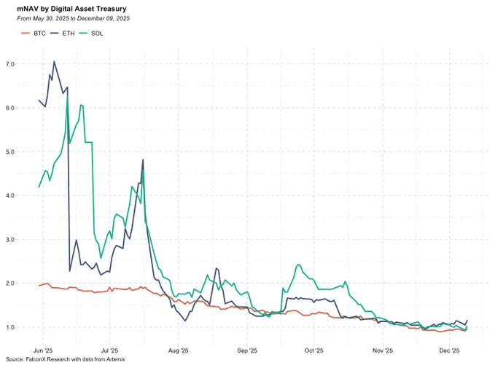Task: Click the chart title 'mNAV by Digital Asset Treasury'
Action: (x=71, y=9)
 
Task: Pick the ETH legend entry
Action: (x=64, y=34)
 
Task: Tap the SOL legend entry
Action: (x=92, y=34)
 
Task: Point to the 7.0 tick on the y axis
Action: (x=9, y=65)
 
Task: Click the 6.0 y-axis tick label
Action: (x=9, y=109)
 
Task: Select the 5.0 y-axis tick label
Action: (x=9, y=152)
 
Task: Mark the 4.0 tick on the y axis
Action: (x=9, y=196)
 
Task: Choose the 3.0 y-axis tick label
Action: (x=9, y=240)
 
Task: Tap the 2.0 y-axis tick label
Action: (x=9, y=283)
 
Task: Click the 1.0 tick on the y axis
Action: (x=9, y=327)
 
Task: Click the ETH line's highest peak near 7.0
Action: (x=54, y=62)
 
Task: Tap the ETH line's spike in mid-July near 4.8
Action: (x=143, y=160)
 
